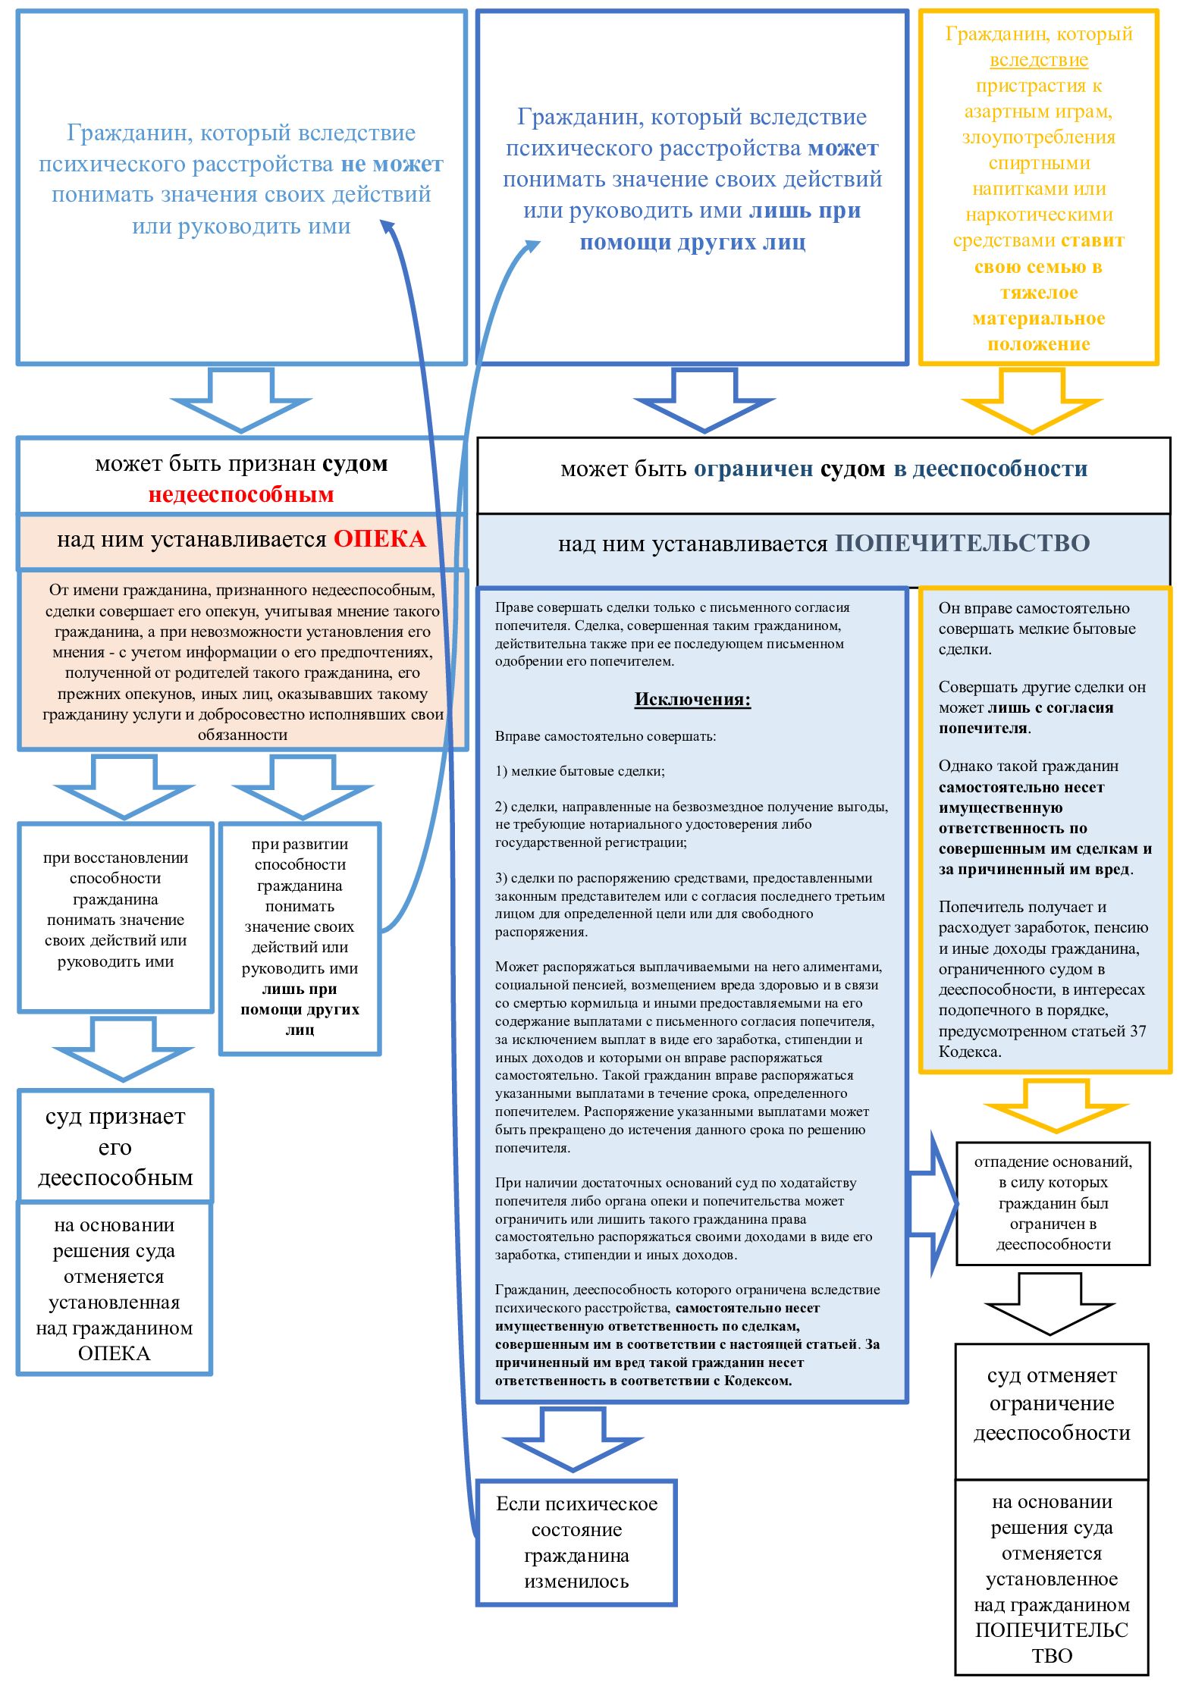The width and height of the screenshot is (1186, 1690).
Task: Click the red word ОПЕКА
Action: (380, 539)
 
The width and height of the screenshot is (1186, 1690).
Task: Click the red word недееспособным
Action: (241, 494)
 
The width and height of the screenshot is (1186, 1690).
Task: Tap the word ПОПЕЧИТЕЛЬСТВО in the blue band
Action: (962, 543)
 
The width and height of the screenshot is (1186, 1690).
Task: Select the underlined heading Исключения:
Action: (692, 699)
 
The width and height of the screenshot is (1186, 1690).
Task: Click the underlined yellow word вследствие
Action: (1039, 60)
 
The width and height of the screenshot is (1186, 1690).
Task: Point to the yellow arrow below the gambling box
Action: (1032, 400)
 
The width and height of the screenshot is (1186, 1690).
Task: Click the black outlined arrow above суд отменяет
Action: (1050, 1301)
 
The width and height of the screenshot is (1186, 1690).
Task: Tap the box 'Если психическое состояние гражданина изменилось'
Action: (576, 1542)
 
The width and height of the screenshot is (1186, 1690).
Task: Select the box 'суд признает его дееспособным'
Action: (115, 1146)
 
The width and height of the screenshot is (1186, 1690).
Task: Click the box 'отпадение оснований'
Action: (1053, 1202)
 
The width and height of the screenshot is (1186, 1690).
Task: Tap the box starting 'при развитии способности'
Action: (300, 937)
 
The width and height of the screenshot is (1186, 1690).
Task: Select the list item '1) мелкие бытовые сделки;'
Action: (579, 771)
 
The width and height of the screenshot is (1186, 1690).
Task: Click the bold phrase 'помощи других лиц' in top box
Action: (692, 243)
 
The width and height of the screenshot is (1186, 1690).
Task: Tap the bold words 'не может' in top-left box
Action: (392, 164)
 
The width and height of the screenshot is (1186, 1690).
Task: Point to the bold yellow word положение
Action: (1038, 344)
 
